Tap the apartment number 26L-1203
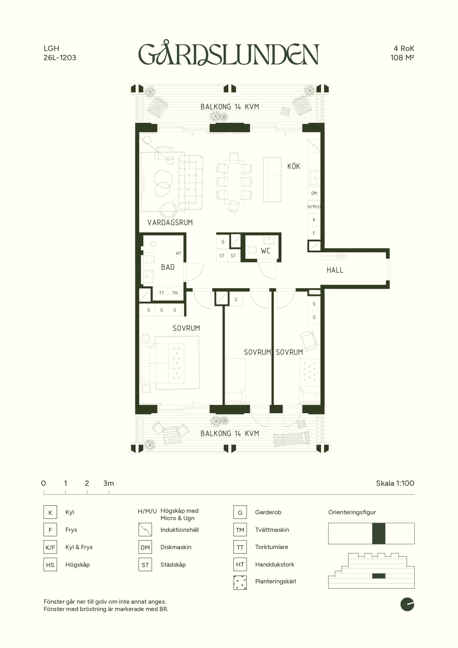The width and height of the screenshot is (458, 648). [60, 57]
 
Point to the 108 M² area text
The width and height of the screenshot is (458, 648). [402, 57]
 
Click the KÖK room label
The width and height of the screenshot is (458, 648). [294, 166]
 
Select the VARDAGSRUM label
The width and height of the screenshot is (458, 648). [170, 222]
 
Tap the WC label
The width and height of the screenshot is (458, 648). [265, 251]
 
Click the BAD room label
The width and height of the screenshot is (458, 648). [168, 267]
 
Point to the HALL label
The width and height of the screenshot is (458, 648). [335, 270]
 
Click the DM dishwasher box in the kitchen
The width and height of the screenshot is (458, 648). [314, 193]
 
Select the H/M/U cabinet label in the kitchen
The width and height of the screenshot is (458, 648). [314, 207]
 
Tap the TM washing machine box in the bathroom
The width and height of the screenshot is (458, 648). [175, 293]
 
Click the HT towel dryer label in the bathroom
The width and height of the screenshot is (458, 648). [178, 253]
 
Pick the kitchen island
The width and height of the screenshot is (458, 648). [272, 180]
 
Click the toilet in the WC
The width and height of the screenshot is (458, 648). [251, 250]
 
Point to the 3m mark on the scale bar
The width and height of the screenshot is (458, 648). [109, 483]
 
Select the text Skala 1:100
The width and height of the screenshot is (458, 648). [395, 483]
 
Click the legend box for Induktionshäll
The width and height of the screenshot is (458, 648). [145, 530]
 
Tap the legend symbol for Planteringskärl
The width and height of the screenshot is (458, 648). [240, 582]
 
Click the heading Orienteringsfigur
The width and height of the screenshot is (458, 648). [352, 512]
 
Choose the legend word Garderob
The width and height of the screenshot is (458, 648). [268, 512]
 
